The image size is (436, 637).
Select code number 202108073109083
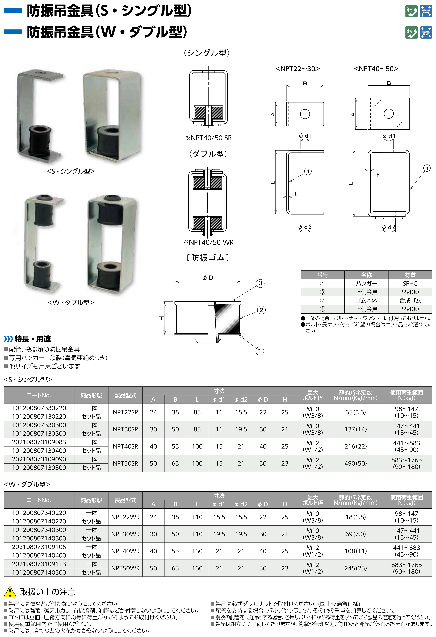(39, 442)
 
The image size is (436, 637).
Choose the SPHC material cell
(410, 283)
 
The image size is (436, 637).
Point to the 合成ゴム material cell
(410, 300)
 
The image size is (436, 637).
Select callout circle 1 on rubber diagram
(260, 351)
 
